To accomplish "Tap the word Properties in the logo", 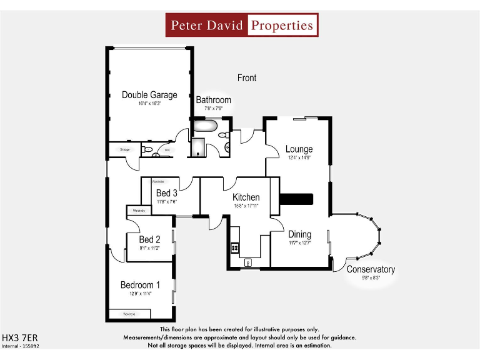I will (x=281, y=26).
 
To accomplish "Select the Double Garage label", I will (x=149, y=95).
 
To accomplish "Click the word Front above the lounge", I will (x=247, y=78).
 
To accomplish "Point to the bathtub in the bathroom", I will (x=204, y=127).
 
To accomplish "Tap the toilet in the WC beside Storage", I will (x=146, y=150).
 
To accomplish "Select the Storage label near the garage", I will (x=124, y=150).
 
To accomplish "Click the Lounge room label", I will (x=299, y=149).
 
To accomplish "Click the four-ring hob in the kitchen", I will (x=236, y=247).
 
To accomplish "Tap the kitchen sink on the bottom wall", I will (x=249, y=262).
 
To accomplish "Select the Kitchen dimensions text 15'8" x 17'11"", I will (x=246, y=206).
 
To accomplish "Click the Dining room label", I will (x=299, y=235).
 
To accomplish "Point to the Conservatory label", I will (x=371, y=269).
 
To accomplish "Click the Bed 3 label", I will (x=166, y=193).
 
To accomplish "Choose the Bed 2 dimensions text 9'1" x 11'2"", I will (x=149, y=248).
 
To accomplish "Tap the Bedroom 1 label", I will (x=140, y=285).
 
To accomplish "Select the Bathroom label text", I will (x=213, y=100).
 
